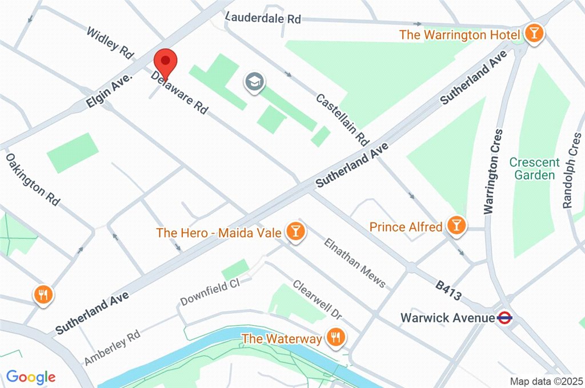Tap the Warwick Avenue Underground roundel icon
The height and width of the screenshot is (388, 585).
tap(504, 318)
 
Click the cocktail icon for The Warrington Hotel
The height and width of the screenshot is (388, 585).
tap(534, 34)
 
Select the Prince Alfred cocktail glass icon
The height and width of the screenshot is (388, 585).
tap(456, 225)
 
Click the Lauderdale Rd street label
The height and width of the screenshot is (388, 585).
tap(263, 18)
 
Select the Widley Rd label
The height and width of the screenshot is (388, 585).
tap(110, 43)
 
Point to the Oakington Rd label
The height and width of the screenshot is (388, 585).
tap(33, 179)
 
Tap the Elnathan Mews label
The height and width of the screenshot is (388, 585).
tap(354, 262)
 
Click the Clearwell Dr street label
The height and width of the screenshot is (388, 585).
tap(317, 300)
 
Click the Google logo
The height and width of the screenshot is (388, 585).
tap(31, 377)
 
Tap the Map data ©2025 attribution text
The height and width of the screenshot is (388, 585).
tap(545, 381)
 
